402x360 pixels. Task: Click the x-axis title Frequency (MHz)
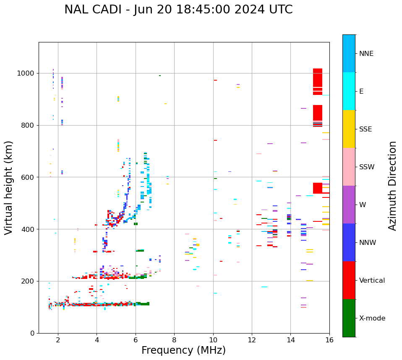click(x=183, y=350)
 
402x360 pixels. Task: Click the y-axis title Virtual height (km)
click(x=9, y=188)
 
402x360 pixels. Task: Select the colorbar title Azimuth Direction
click(x=392, y=186)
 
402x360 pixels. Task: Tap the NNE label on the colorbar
click(x=366, y=54)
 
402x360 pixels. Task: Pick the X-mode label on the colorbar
click(x=372, y=318)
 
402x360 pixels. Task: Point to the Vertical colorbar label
click(x=372, y=281)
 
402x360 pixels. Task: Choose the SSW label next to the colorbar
click(x=367, y=167)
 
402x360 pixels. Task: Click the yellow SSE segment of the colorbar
click(x=349, y=129)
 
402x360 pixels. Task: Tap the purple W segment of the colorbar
click(x=349, y=205)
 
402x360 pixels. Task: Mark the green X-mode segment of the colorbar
click(x=349, y=318)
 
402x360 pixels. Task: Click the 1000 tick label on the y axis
click(x=26, y=74)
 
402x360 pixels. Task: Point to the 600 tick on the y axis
click(x=29, y=177)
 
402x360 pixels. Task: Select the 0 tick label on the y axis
click(x=33, y=333)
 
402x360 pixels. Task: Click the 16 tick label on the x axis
click(x=329, y=340)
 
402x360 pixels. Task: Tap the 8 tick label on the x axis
click(x=174, y=340)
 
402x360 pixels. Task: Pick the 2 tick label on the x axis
click(x=58, y=340)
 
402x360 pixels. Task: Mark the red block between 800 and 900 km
click(x=318, y=113)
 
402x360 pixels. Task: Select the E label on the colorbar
click(x=361, y=92)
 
